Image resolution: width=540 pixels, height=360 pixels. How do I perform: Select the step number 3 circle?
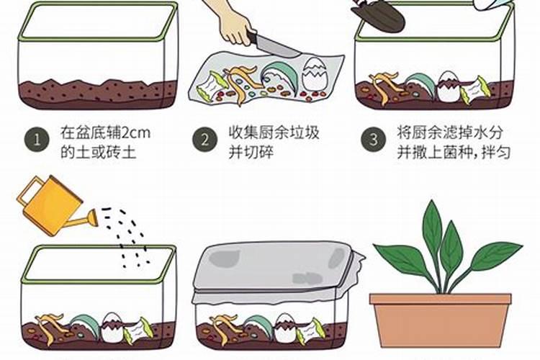coord(373,140)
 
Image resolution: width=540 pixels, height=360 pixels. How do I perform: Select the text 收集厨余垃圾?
coord(274,133)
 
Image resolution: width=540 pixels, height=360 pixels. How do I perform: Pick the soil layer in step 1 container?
coord(98,94)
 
